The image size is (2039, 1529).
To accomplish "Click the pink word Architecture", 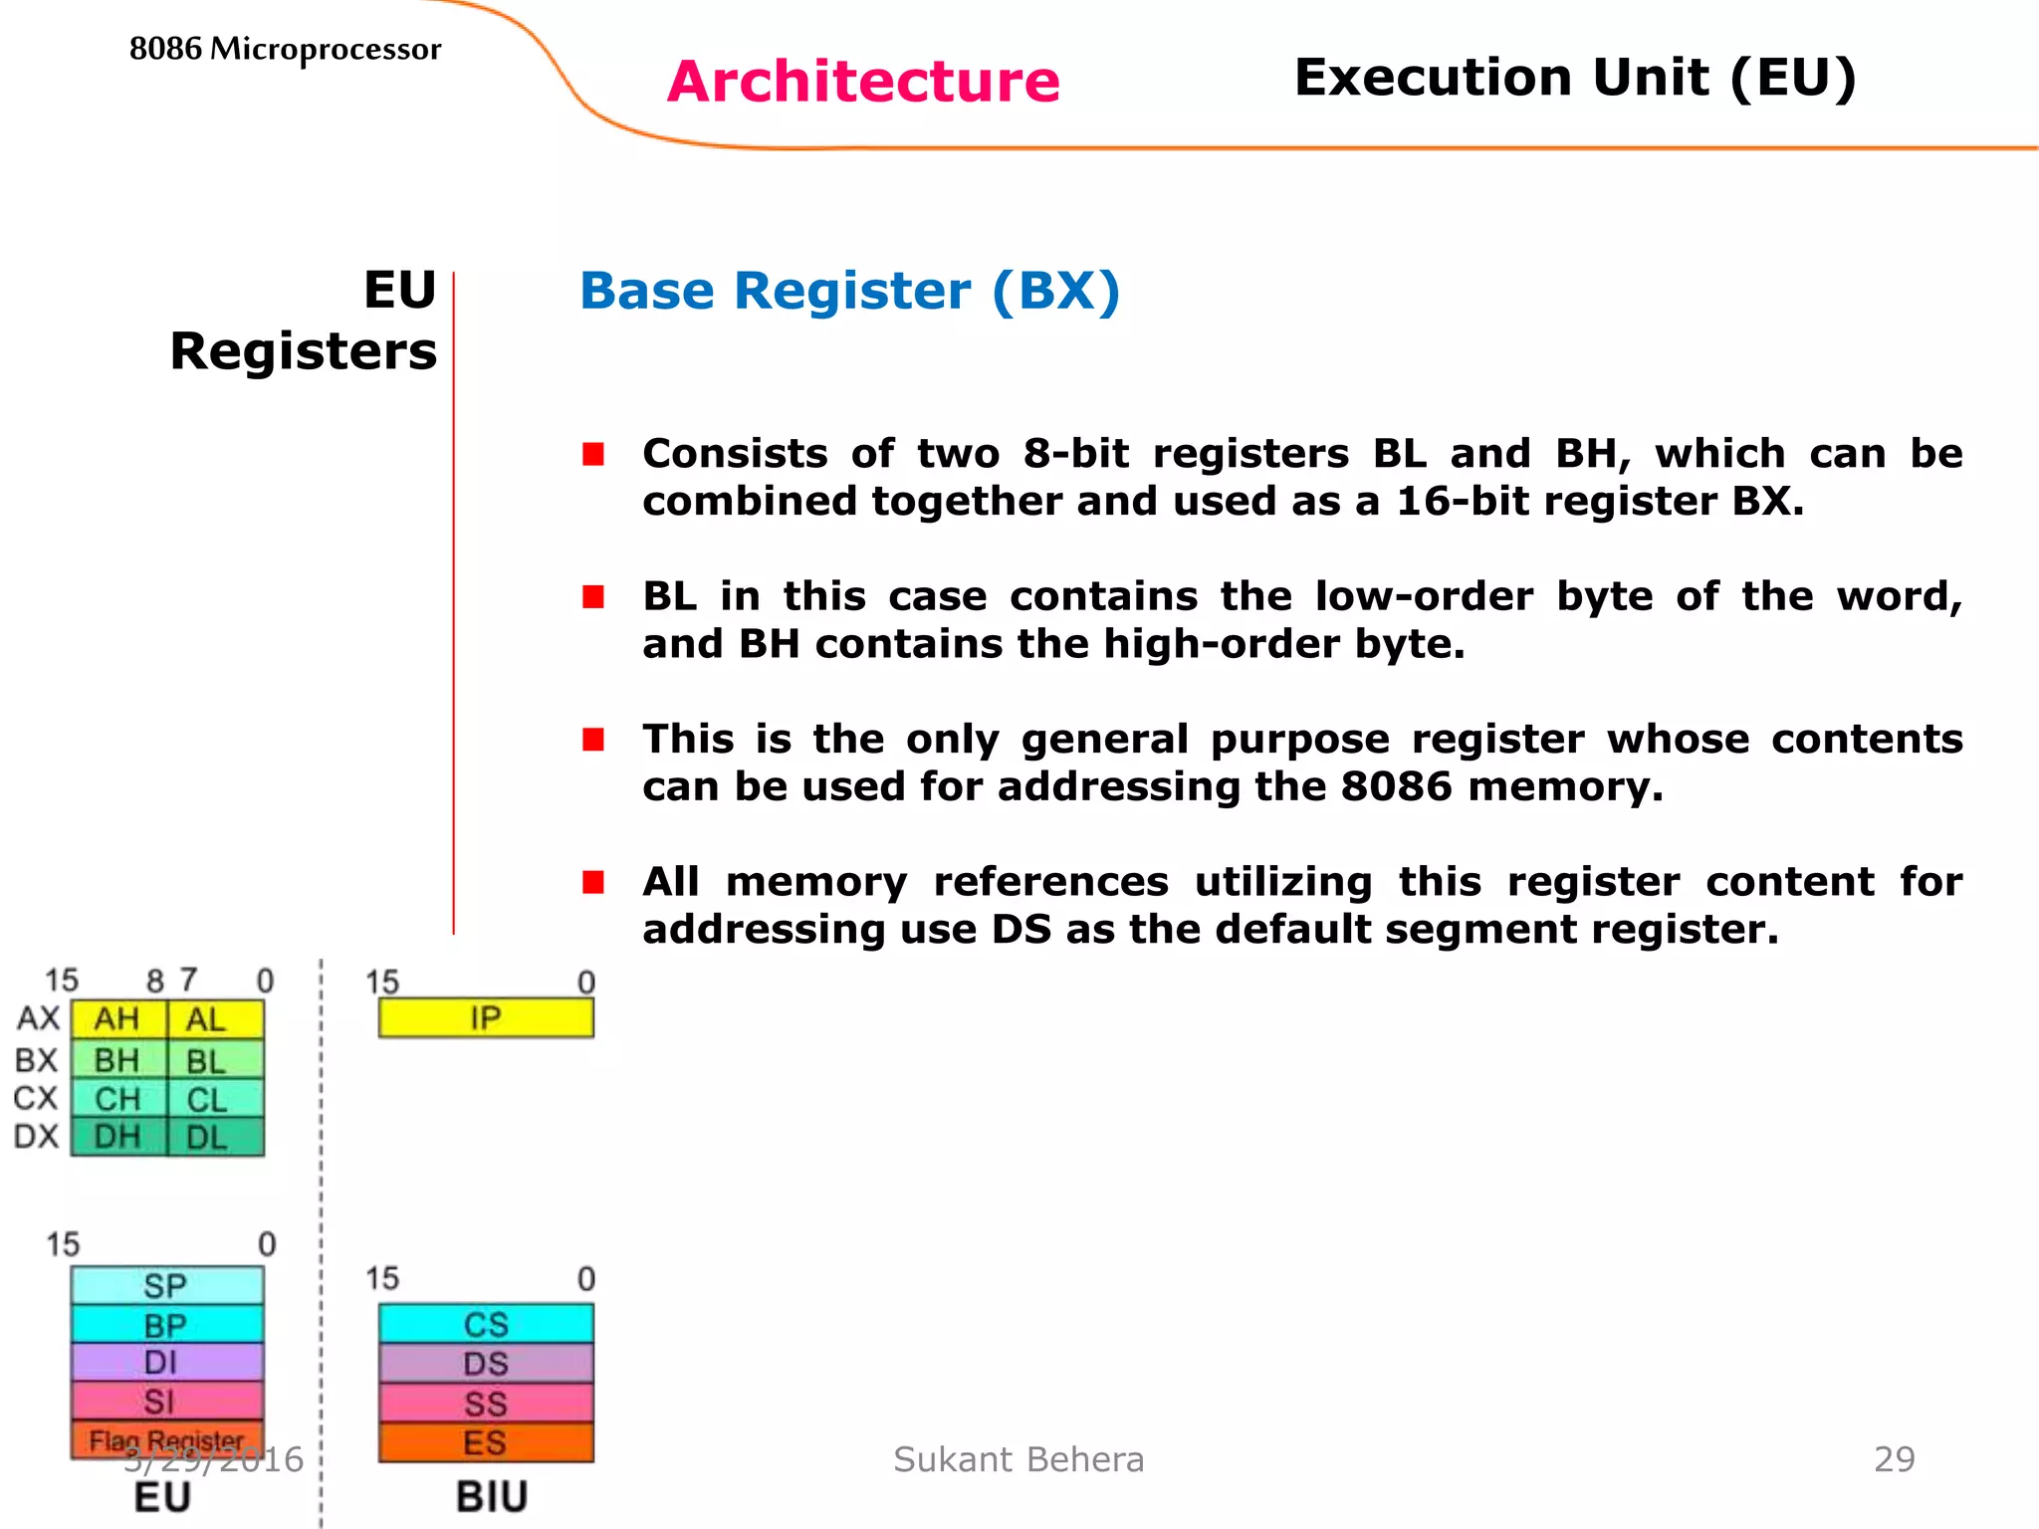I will coord(863,82).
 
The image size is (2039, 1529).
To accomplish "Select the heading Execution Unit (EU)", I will coord(1575,78).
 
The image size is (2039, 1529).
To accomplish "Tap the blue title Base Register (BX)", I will coord(849,292).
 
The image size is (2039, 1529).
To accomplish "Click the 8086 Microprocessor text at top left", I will coord(285,49).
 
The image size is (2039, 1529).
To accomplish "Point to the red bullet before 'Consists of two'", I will coord(593,455).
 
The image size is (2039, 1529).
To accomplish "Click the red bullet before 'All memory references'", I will coord(593,883).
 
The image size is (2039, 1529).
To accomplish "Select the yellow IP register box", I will coord(486,1018).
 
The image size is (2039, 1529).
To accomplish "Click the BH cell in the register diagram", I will coord(117,1060).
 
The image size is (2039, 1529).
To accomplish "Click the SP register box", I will coord(166,1285).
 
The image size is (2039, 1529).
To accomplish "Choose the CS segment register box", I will coord(486,1324).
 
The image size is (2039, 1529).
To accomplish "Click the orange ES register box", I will coord(486,1442).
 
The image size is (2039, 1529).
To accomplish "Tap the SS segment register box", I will coord(486,1404).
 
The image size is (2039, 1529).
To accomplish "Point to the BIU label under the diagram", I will coord(492,1497).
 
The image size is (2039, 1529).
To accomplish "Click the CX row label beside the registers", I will coord(36,1099).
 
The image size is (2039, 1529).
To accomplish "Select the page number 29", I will coord(1894,1459).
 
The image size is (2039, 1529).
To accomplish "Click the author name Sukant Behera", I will coord(1019,1459).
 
